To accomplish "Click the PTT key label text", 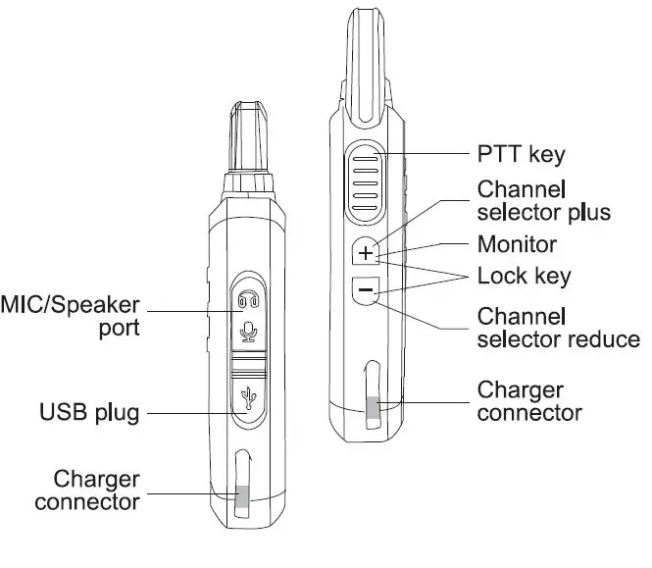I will (x=521, y=154).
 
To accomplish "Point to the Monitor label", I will (x=517, y=244).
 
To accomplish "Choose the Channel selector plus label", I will (x=543, y=200).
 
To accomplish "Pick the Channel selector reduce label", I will (x=557, y=328).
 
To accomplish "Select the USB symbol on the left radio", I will (x=248, y=396).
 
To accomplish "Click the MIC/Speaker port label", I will (x=71, y=314).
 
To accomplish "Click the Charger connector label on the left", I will (x=86, y=491).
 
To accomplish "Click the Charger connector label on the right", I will (x=528, y=401).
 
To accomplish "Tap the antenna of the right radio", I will (x=367, y=49).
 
